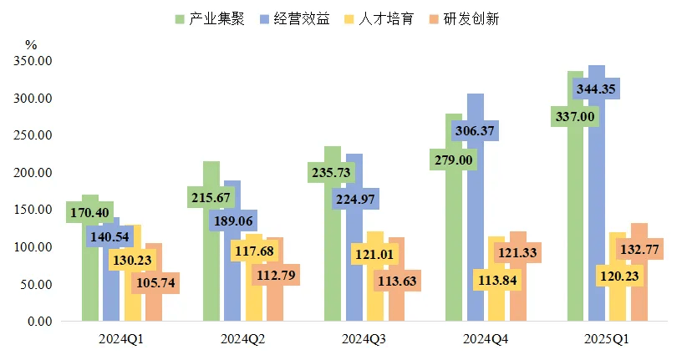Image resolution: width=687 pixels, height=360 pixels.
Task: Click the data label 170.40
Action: tap(89, 212)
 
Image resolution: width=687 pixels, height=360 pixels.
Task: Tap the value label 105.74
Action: tap(155, 283)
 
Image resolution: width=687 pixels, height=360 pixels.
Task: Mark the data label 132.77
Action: tap(639, 248)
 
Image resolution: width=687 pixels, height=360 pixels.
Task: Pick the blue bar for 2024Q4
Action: tap(476, 234)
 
